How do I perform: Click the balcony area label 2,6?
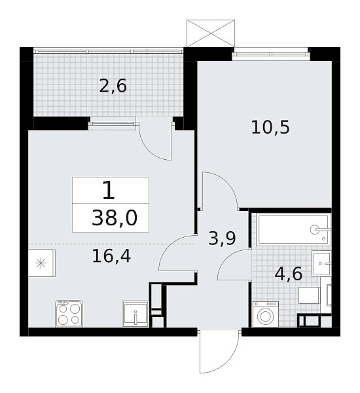point(113,86)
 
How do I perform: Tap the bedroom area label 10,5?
point(270,127)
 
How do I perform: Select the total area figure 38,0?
point(115,218)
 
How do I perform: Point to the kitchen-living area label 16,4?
point(111,256)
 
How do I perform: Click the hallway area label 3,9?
point(222,238)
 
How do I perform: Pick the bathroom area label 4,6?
point(289,274)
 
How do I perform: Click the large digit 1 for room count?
point(109,191)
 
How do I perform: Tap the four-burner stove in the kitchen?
point(69,313)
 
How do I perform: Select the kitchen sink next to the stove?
point(135,314)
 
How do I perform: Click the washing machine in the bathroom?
point(265,314)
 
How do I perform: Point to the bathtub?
point(293,229)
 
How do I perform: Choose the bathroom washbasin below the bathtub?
point(321,264)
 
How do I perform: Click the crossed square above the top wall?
point(211,33)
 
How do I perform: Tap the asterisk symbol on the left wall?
point(41,263)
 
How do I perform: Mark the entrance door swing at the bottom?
point(219,351)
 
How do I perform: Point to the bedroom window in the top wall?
point(271,54)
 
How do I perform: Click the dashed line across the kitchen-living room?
point(111,244)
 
